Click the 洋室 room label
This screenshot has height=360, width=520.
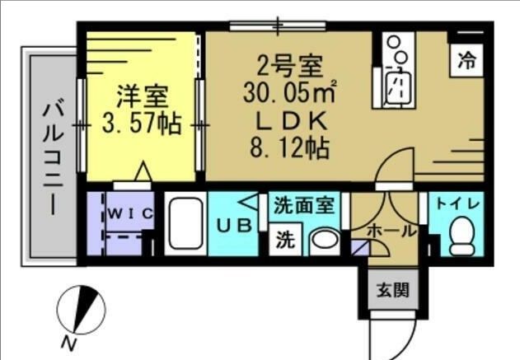coord(141,96)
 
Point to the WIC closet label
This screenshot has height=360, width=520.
coord(128,213)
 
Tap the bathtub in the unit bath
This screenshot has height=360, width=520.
coord(185,226)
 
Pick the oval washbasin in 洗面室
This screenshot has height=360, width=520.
coord(325,241)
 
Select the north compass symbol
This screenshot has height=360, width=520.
coord(79,311)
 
